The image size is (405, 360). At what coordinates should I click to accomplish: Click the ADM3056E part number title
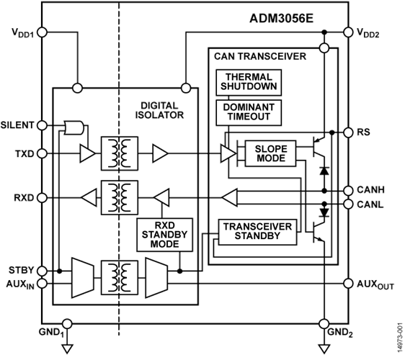pos(282,19)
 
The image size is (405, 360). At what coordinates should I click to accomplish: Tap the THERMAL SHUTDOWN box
pos(249,82)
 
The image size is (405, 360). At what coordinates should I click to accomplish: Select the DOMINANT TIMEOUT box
pos(249,112)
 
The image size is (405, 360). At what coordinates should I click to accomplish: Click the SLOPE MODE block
pos(270,153)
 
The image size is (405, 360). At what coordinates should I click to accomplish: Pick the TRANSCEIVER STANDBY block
pos(257,232)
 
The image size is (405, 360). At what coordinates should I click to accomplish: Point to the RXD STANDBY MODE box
pos(164,235)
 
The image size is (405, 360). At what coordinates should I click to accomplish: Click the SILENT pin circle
pos(42,125)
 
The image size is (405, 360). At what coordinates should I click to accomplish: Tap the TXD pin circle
pos(42,153)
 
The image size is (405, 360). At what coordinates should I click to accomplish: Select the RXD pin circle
pos(42,198)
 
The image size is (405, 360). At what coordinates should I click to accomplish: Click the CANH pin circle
pos(348,191)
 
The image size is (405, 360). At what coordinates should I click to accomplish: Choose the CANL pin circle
pos(348,204)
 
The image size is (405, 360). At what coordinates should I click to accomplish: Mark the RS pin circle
pos(348,132)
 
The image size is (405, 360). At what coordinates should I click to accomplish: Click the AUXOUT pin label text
pos(375,284)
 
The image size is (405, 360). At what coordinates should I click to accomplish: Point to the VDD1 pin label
pos(22,33)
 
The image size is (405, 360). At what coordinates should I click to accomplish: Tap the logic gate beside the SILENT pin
pos(74,127)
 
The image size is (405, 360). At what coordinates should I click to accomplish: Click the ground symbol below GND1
pos(67,349)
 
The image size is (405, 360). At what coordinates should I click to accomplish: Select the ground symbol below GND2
pos(324,349)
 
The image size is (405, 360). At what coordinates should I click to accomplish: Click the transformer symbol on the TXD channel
pos(120,153)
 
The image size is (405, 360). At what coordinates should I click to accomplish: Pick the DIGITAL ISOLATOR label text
pos(159,110)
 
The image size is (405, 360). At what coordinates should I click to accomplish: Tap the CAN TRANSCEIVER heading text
pos(260,56)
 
